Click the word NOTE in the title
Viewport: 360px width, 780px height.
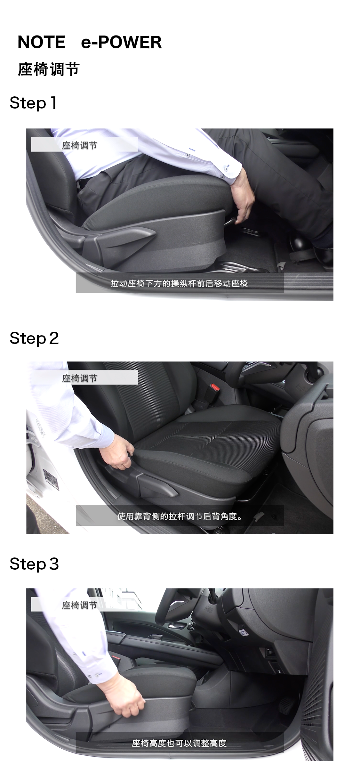click(41, 42)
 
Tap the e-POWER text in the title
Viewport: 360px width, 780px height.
click(121, 42)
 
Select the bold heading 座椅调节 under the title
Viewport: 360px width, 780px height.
click(49, 69)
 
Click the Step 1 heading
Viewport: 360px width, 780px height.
click(33, 103)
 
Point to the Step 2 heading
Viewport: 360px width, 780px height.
click(34, 338)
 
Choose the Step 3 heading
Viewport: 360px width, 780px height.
click(34, 564)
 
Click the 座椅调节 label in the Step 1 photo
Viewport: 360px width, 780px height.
click(79, 145)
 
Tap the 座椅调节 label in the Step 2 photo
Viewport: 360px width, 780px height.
click(79, 378)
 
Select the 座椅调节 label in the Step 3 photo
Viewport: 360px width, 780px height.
click(79, 605)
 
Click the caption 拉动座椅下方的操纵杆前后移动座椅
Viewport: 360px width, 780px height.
click(179, 283)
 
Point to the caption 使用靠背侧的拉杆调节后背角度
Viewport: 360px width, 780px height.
click(180, 516)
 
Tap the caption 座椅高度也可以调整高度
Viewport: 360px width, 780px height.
click(179, 743)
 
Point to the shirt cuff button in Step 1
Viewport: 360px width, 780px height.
click(222, 176)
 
